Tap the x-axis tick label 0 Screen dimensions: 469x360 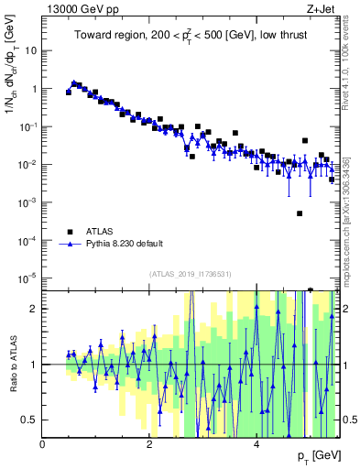43,444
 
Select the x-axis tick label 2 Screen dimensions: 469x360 150,444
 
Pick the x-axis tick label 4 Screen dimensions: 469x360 257,444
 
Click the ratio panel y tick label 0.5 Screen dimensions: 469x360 29,420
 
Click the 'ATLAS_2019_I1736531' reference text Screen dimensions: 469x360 190,273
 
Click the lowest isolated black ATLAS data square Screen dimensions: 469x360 300,213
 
